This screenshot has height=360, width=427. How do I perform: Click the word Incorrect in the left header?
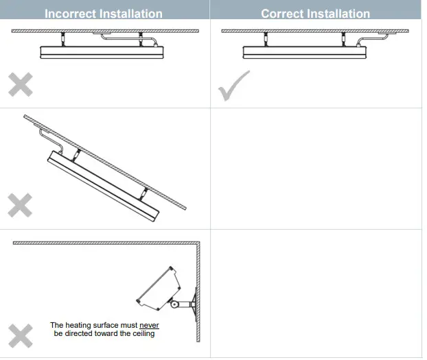point(72,14)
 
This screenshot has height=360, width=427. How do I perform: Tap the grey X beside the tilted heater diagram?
point(20,205)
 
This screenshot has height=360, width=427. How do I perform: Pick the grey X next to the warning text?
point(20,336)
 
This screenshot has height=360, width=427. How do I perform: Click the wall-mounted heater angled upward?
point(159,286)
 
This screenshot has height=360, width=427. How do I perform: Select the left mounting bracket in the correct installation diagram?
point(264,38)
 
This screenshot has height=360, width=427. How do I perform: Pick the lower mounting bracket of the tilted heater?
point(145,192)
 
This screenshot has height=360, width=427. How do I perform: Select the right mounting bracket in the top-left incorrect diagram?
point(140,38)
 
